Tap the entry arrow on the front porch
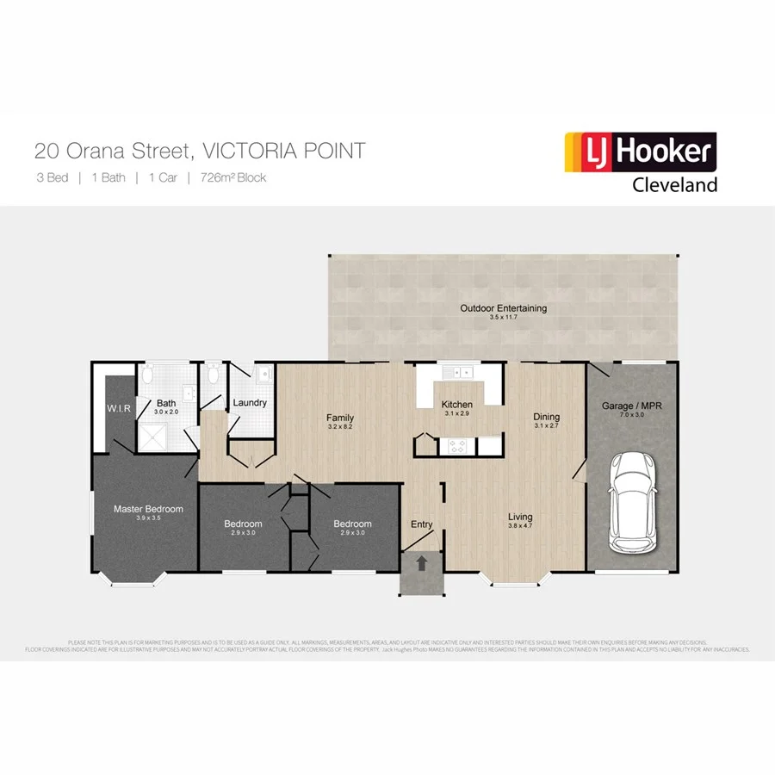click(422, 564)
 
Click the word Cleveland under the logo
click(674, 184)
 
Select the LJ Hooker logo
click(640, 152)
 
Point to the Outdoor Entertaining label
click(503, 308)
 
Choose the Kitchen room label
click(456, 405)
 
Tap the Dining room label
click(547, 415)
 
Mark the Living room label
click(523, 516)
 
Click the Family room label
click(340, 418)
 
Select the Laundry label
click(250, 402)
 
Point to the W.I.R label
click(119, 408)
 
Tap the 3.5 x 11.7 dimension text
click(503, 318)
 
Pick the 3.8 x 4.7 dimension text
click(523, 525)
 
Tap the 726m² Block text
click(232, 178)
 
